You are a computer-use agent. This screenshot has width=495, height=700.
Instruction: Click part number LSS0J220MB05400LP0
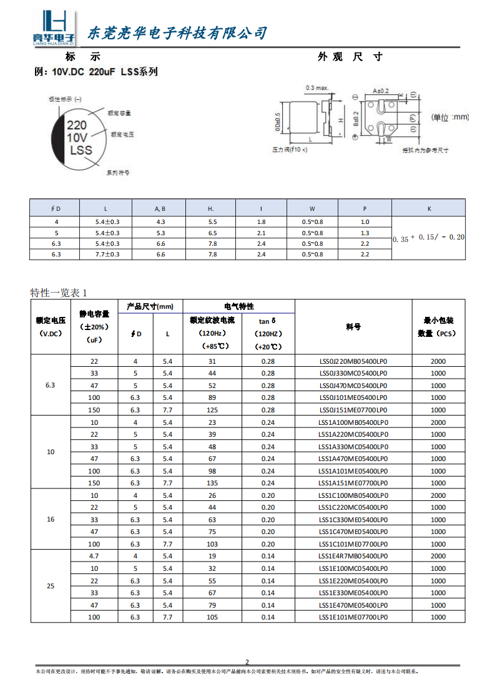[x=353, y=361]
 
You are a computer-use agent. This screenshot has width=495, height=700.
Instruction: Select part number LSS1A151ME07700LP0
[x=353, y=483]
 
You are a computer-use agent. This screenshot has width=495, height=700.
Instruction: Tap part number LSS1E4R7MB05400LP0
[x=353, y=556]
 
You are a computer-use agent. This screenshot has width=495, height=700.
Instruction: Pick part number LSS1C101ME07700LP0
[x=353, y=544]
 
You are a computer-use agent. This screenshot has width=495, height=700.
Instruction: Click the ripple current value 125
[x=212, y=410]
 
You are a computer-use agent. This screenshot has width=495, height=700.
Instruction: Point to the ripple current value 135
[x=212, y=483]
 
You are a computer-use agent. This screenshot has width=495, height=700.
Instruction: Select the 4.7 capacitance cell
[x=94, y=556]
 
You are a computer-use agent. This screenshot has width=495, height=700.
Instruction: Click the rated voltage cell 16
[x=51, y=520]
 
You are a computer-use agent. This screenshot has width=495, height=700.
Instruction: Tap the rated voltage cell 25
[x=51, y=586]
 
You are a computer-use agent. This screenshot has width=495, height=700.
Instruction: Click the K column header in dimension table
[x=429, y=208]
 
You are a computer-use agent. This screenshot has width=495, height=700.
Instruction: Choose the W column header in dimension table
[x=312, y=208]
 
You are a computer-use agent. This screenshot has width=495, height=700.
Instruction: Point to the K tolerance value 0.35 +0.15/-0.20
[x=429, y=238]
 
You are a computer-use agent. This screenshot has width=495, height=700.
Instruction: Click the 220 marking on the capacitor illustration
[x=77, y=125]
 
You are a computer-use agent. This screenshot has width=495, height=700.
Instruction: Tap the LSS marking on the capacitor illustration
[x=81, y=150]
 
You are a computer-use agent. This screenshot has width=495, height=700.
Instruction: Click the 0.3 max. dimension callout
[x=317, y=88]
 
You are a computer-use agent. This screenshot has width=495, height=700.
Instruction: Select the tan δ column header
[x=268, y=321]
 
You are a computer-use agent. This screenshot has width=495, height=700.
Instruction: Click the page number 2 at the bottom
[x=247, y=662]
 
